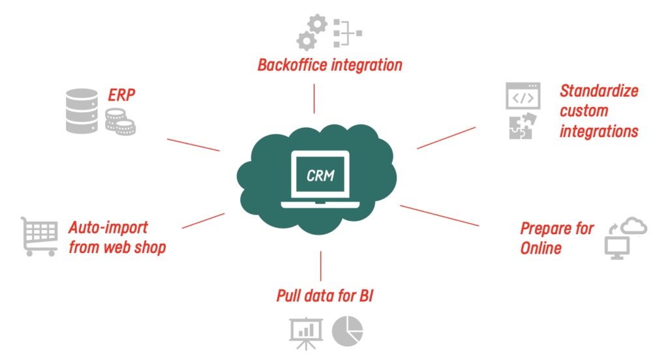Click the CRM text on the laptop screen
320,175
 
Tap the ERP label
121,95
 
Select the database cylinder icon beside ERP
82,111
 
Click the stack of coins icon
120,122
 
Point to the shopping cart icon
39,237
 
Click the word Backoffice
293,65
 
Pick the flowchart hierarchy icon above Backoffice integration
348,33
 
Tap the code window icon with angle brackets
523,96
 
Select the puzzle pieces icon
523,126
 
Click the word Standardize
599,91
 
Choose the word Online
541,248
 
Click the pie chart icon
347,331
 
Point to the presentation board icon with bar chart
306,333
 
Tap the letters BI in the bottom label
367,295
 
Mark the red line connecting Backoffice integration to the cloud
314,98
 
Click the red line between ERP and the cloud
193,145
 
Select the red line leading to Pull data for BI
321,266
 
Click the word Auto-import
108,228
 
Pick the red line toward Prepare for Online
440,216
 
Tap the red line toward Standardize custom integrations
446,138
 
